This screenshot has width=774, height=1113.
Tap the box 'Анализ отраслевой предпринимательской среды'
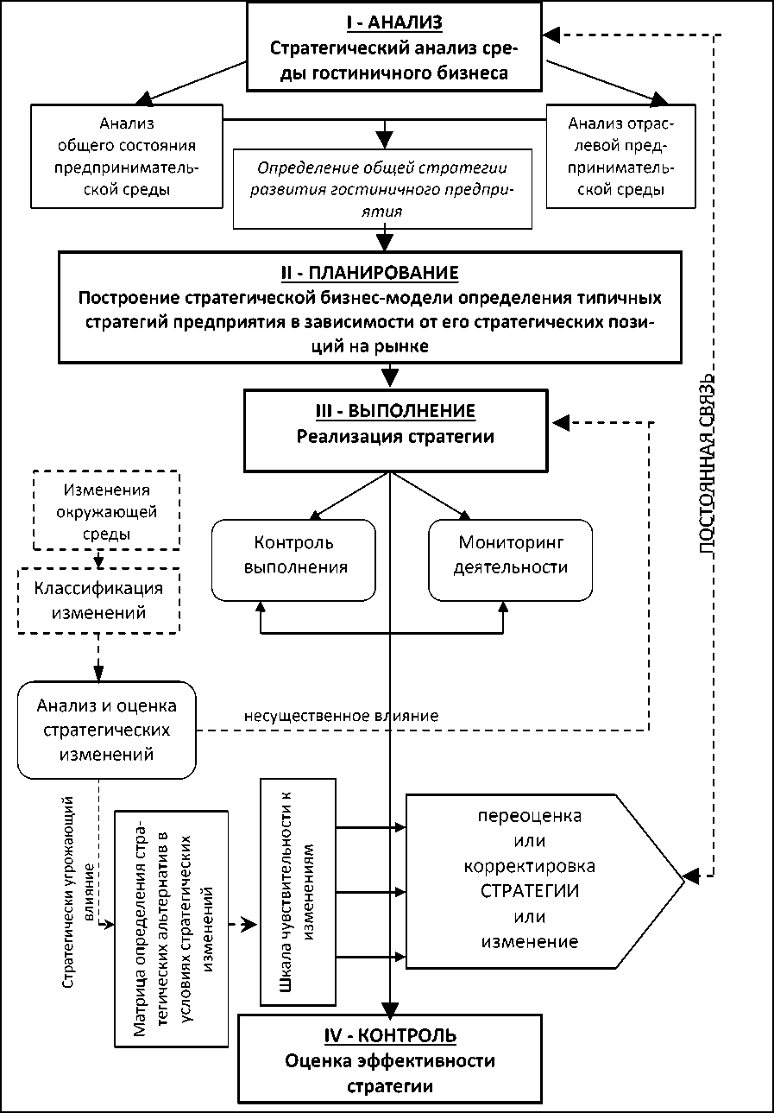tap(620, 156)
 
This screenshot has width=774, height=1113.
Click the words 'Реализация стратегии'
tap(395, 437)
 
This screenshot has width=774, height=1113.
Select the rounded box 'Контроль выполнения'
tap(293, 556)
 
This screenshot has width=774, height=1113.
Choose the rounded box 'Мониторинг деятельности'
tap(511, 556)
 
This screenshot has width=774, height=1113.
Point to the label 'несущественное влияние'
tap(341, 715)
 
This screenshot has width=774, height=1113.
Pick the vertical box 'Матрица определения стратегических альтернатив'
tap(172, 927)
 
